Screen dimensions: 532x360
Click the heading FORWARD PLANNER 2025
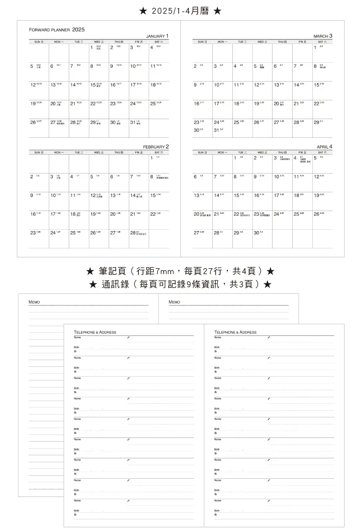coord(57,29)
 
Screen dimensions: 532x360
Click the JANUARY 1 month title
coord(157,36)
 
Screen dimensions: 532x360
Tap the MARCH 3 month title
coord(323,36)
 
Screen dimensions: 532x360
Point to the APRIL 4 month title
coord(324,146)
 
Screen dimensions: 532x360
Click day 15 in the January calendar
coord(93,85)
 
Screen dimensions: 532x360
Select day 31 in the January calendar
coord(133,123)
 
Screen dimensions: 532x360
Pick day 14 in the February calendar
coord(133,195)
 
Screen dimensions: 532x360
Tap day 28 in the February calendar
coord(133,233)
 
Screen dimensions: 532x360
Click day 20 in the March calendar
coord(277,103)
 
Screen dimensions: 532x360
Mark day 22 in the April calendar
coord(236,214)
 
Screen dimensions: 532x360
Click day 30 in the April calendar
coord(256,233)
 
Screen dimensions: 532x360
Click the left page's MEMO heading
coord(34,302)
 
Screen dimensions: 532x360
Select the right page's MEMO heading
coord(174,302)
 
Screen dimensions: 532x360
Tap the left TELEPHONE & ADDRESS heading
coord(95,332)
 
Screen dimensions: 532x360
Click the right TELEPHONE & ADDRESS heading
coord(235,332)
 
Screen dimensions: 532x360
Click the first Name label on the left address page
coord(77,337)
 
